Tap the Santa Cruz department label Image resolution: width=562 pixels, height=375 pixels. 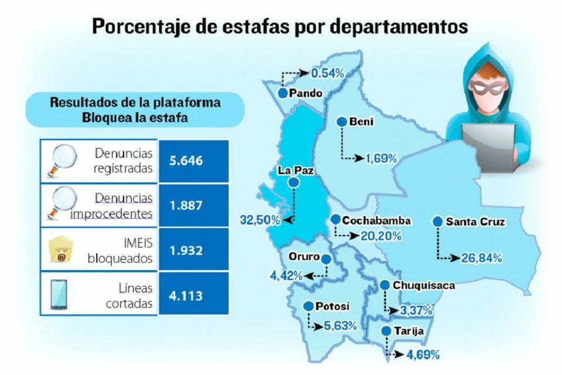point(475,222)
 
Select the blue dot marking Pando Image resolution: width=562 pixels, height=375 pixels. point(283,93)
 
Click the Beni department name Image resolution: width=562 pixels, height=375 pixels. point(361,122)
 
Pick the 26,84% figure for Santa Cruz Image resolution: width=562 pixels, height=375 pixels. point(481,258)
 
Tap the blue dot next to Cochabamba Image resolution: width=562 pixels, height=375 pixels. point(335,219)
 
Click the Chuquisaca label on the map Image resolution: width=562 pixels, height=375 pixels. point(424,285)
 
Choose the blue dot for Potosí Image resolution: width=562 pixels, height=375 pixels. point(308,306)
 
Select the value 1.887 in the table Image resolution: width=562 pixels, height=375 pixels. point(186,206)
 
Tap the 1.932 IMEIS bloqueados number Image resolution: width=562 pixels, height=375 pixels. point(186,250)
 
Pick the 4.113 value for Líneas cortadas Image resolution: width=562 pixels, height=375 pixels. point(186,295)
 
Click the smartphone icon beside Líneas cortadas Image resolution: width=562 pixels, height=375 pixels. point(59,295)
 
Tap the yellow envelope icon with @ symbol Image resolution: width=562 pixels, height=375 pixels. point(60,251)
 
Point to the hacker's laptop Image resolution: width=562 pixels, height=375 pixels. point(489,143)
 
